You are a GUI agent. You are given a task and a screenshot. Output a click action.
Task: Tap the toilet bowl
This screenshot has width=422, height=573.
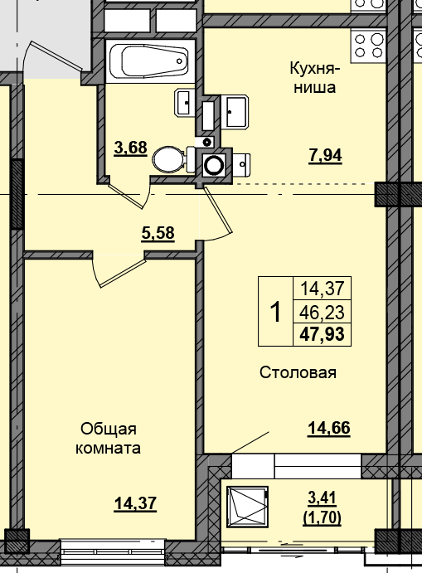pyautogui.click(x=170, y=158)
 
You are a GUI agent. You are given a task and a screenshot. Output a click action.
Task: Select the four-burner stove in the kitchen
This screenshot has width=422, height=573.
pyautogui.click(x=369, y=42)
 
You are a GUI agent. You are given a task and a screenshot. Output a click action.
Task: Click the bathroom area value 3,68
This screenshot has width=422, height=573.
pyautogui.click(x=130, y=148)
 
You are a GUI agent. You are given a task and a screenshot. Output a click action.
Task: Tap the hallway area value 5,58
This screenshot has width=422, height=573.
pyautogui.click(x=158, y=233)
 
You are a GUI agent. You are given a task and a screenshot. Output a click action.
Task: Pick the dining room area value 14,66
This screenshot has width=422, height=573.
pyautogui.click(x=329, y=428)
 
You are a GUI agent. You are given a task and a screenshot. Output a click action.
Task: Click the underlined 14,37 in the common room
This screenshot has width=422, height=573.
pyautogui.click(x=135, y=503)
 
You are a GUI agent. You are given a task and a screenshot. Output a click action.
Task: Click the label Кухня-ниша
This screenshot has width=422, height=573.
pyautogui.click(x=313, y=77)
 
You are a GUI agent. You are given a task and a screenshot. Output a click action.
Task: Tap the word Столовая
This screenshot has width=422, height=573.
pyautogui.click(x=297, y=372)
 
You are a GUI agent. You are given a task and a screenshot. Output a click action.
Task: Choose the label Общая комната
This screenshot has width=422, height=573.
pyautogui.click(x=108, y=439)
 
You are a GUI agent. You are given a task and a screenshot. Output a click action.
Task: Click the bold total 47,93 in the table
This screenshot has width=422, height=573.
pyautogui.click(x=323, y=334)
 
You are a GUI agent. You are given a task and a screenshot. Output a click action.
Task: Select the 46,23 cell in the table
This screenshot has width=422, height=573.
pyautogui.click(x=323, y=312)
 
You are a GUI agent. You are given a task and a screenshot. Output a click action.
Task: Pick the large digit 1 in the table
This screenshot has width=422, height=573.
pyautogui.click(x=275, y=312)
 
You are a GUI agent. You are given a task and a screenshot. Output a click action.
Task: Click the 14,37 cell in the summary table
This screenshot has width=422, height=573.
pyautogui.click(x=323, y=289)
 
